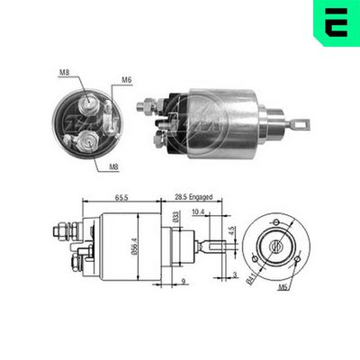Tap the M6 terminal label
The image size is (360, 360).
point(127,80)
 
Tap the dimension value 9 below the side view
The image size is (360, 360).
point(183,283)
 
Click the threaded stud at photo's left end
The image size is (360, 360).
point(142,107)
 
